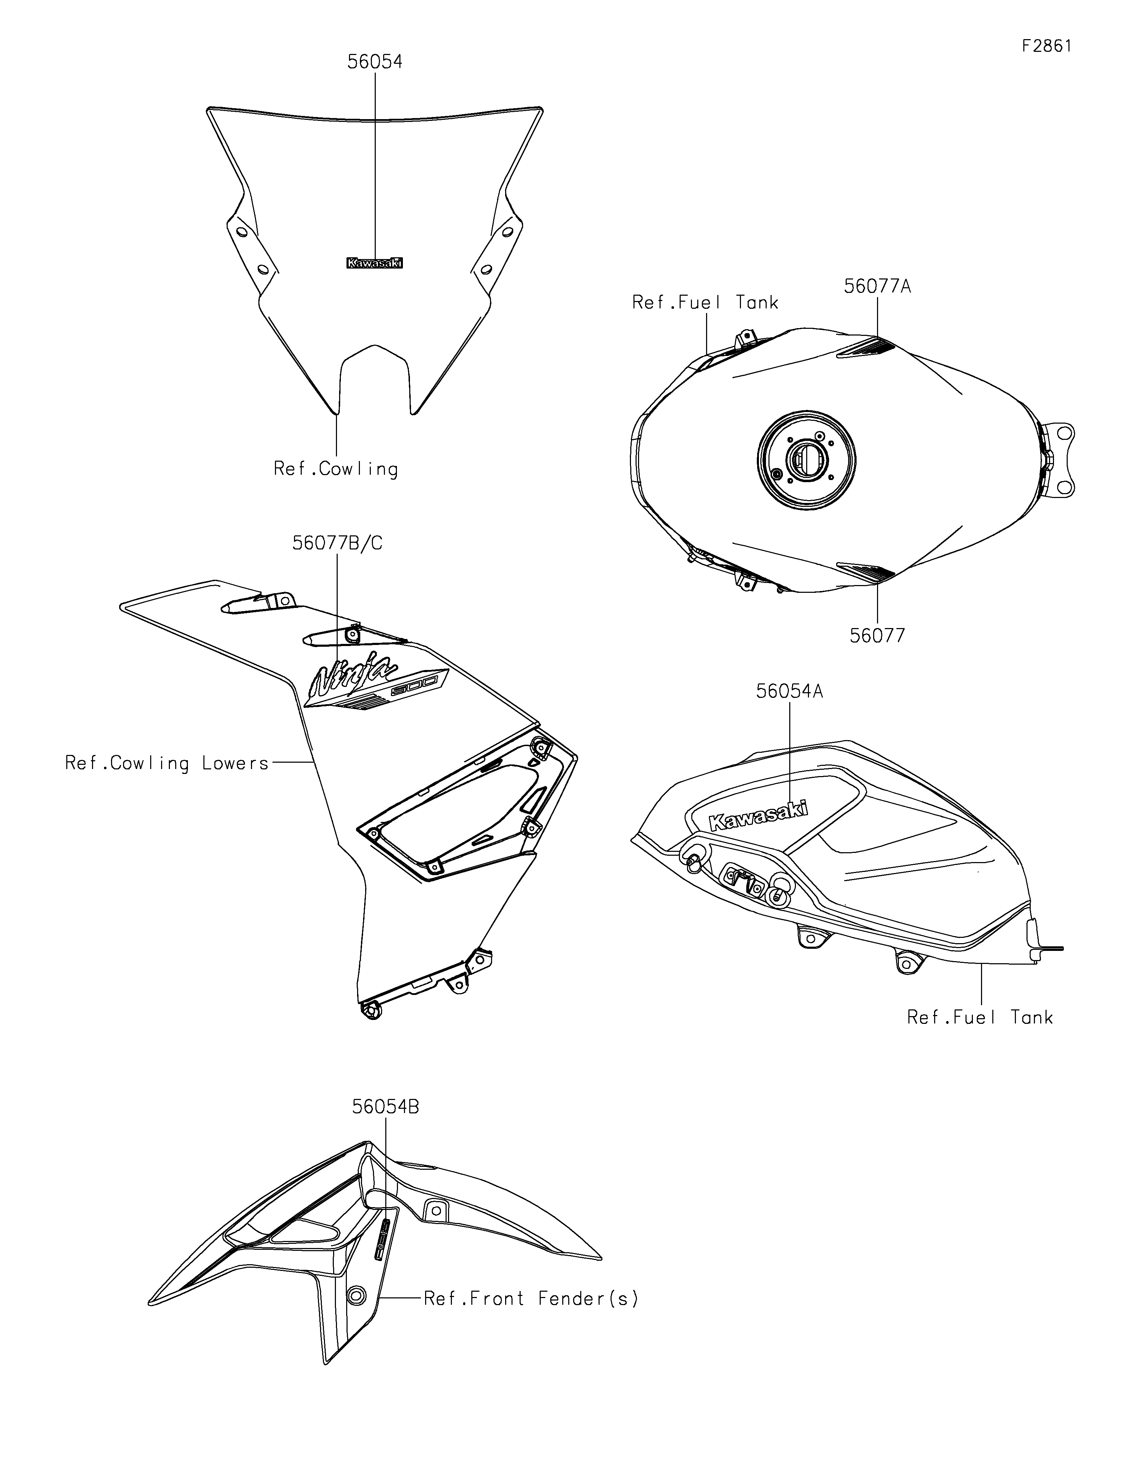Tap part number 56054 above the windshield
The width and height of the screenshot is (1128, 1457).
pyautogui.click(x=375, y=61)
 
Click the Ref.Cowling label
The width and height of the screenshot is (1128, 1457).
pyautogui.click(x=336, y=469)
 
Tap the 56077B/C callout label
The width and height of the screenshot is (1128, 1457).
pyautogui.click(x=338, y=543)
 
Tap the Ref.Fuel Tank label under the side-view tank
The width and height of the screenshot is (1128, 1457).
pyautogui.click(x=979, y=1018)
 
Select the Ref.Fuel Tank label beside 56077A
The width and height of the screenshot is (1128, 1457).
pyautogui.click(x=705, y=303)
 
